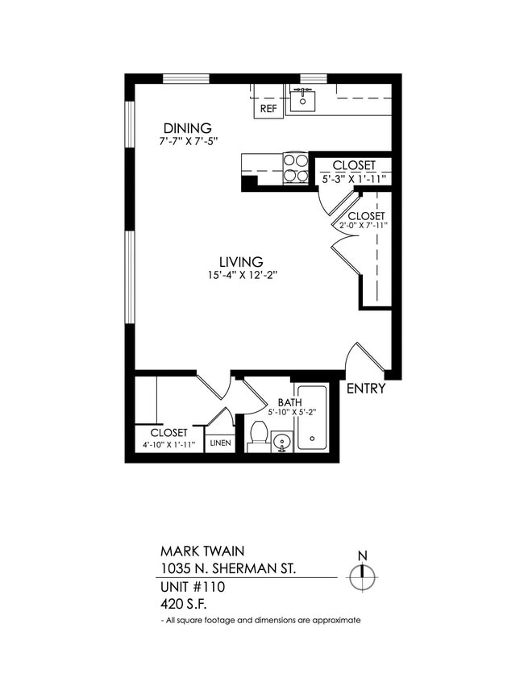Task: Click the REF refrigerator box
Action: click(268, 106)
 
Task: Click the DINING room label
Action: click(187, 128)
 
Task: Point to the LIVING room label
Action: click(241, 262)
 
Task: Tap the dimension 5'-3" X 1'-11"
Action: click(354, 178)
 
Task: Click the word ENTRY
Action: click(366, 389)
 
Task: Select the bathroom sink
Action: click(281, 442)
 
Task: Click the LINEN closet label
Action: click(219, 443)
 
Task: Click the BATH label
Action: click(289, 402)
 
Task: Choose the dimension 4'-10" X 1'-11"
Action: click(168, 444)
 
